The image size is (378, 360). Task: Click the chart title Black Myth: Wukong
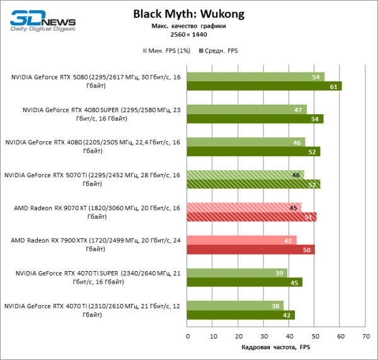[x=188, y=14]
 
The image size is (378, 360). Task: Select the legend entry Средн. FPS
[x=218, y=50]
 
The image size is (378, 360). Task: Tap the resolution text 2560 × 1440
[x=188, y=35]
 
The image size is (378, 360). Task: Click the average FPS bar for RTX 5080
[x=264, y=86]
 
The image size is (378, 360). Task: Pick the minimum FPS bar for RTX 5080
[x=255, y=77]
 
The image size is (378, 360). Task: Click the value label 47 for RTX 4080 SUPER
[x=297, y=110]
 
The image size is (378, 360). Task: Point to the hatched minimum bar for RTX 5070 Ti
[x=245, y=175]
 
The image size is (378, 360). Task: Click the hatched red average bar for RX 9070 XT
[x=251, y=217]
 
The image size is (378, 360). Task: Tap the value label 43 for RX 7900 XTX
[x=287, y=240]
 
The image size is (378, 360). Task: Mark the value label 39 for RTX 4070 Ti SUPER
[x=278, y=272]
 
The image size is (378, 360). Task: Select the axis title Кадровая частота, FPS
[x=276, y=347]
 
